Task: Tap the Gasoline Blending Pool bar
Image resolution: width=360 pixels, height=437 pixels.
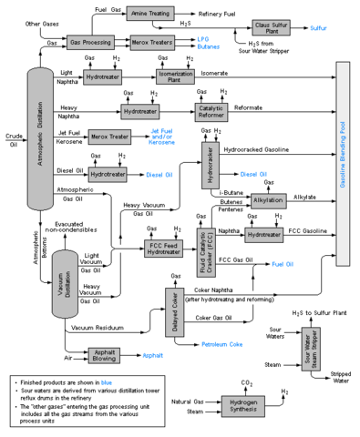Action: [x=344, y=165]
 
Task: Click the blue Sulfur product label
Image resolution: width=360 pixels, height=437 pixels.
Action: [x=318, y=28]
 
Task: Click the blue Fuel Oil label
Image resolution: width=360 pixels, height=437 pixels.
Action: [x=283, y=263]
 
